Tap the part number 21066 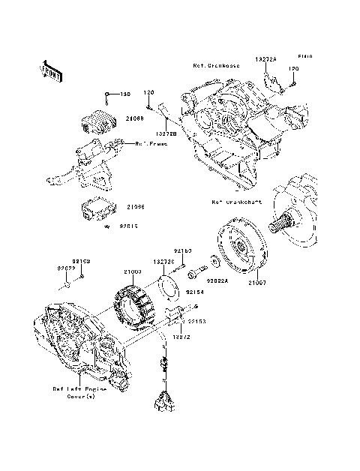pyautogui.click(x=136, y=206)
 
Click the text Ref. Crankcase pyautogui.click(x=217, y=65)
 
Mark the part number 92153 pyautogui.click(x=197, y=321)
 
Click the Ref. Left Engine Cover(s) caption pyautogui.click(x=79, y=392)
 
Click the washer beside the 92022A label pyautogui.click(x=215, y=262)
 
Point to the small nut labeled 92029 pyautogui.click(x=68, y=285)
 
